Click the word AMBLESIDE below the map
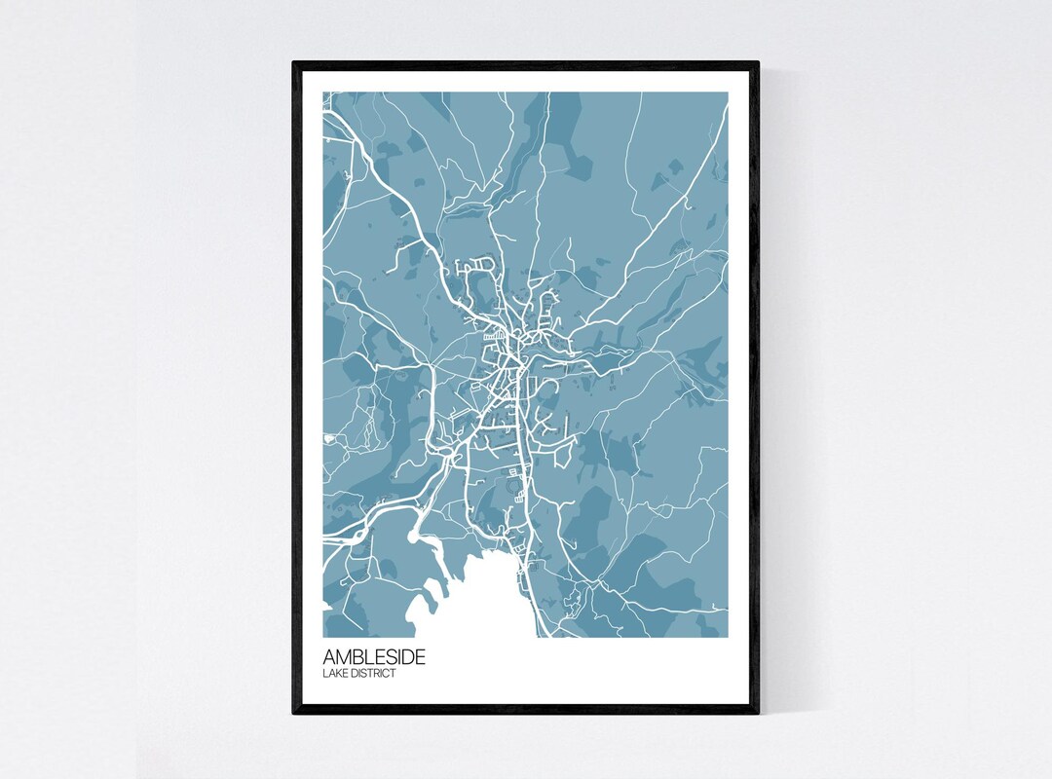(374, 657)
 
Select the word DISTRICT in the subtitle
(373, 674)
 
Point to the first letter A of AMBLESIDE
(329, 657)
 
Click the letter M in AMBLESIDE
(343, 657)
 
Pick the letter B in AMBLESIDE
(356, 657)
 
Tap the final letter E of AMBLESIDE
(420, 657)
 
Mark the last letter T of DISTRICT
(394, 674)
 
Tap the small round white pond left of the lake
(416, 535)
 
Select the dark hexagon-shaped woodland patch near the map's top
(576, 156)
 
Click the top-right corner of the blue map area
(728, 93)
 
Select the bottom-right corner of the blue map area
(728, 638)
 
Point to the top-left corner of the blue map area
(323, 93)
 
